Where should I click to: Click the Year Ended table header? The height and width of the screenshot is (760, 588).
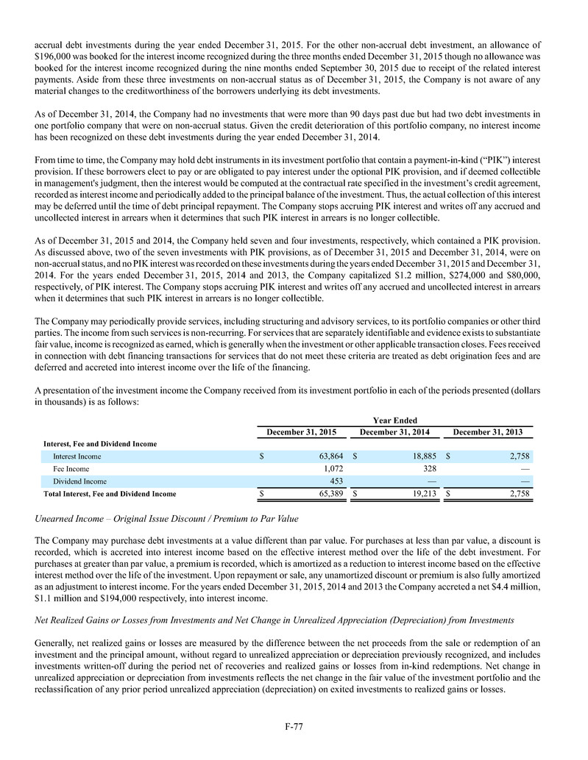pyautogui.click(x=395, y=420)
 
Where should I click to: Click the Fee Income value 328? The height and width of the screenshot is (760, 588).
pyautogui.click(x=431, y=468)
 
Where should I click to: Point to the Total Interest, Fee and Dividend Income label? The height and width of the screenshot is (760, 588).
pyautogui.click(x=110, y=493)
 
